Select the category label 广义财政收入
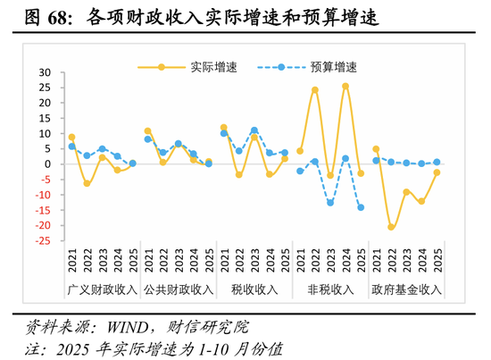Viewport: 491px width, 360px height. [102, 289]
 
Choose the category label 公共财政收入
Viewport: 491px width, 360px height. [178, 289]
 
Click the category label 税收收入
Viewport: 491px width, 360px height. [254, 289]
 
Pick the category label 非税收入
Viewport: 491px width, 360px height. [330, 289]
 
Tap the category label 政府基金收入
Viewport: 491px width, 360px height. [406, 289]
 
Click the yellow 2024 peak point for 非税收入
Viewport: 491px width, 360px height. [345, 86]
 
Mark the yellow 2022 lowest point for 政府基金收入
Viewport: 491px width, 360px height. [391, 227]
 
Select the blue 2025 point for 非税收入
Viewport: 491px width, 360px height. [361, 207]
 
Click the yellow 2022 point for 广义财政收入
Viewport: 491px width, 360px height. [87, 183]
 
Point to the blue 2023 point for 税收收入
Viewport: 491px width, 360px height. [254, 130]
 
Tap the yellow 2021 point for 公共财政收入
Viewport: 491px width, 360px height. [148, 131]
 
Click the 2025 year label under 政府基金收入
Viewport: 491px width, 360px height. [437, 260]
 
